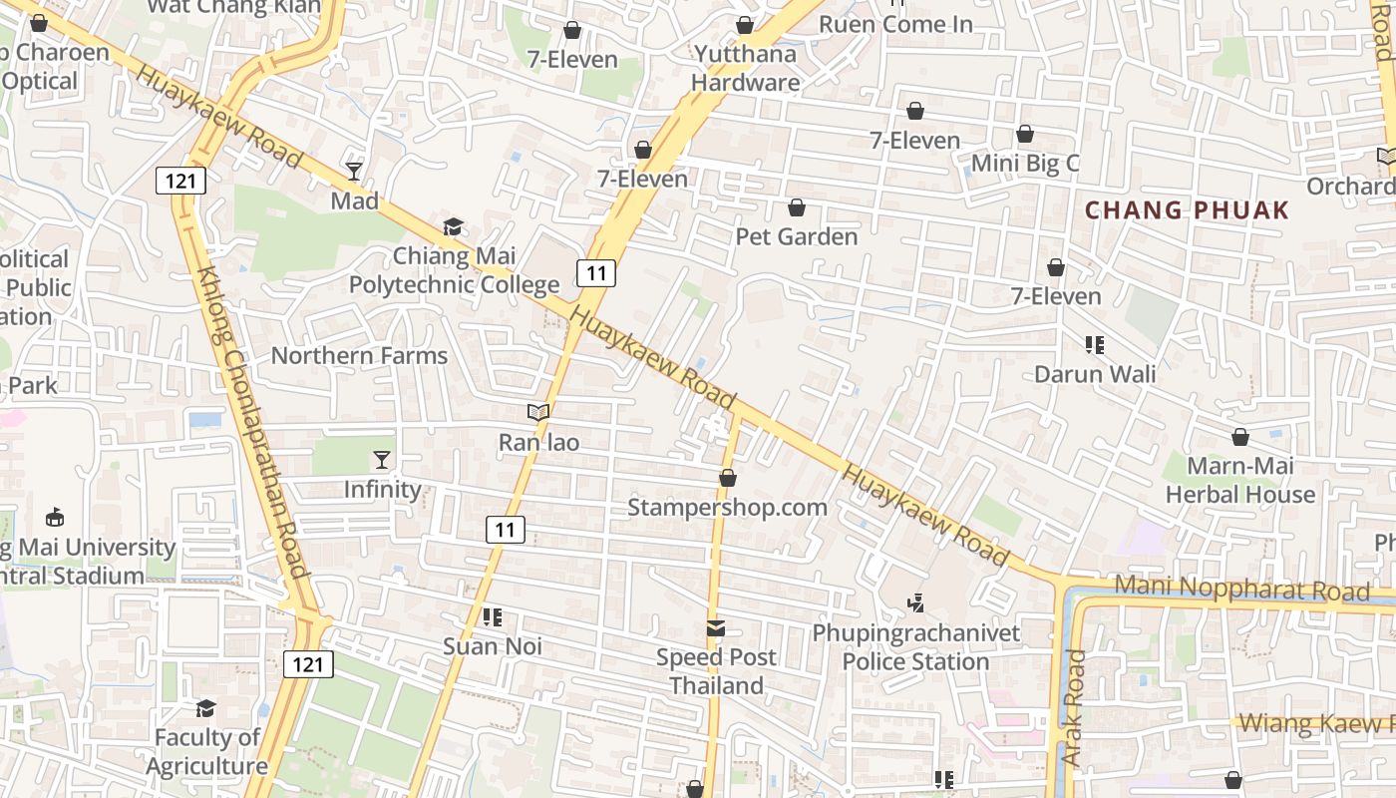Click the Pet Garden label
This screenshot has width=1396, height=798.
click(796, 236)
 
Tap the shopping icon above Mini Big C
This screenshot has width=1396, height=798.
click(1025, 135)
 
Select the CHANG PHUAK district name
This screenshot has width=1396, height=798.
click(1187, 210)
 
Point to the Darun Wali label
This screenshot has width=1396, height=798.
click(1095, 374)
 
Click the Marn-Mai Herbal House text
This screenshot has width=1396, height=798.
click(1240, 480)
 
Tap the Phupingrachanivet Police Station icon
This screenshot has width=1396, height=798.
click(915, 602)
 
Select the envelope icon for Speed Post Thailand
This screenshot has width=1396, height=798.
click(716, 628)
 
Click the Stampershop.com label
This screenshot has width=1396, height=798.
click(727, 507)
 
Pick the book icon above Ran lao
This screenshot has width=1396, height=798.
click(538, 411)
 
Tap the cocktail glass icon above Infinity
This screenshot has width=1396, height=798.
click(382, 460)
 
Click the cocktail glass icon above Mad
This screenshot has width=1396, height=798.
click(354, 172)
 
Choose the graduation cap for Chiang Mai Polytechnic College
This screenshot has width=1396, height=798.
click(454, 227)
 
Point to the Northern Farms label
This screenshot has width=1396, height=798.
click(359, 355)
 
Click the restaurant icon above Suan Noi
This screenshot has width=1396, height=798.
click(492, 617)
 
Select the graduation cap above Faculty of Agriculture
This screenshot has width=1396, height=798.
click(206, 708)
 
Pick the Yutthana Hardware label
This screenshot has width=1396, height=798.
click(745, 68)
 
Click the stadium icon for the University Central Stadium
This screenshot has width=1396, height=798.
click(55, 518)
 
